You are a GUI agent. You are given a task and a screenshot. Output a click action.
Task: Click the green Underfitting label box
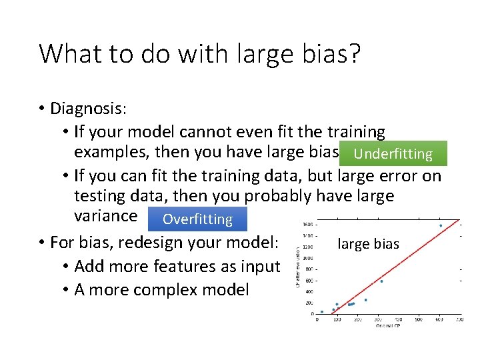point(393,153)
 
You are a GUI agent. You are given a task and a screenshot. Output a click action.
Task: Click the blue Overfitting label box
point(197,219)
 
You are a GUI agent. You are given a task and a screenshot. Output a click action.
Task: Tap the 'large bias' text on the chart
point(368,244)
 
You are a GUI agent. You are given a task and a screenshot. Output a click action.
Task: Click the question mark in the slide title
point(353,53)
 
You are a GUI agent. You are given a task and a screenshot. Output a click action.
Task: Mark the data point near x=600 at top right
point(441,225)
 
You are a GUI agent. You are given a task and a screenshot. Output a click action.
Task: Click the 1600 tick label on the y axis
point(309,225)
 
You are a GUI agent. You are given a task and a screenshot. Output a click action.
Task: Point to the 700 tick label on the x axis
point(459,319)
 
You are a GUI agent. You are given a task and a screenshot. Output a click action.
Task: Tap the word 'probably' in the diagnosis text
point(281,196)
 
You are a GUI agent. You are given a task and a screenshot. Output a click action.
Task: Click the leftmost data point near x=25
point(322,311)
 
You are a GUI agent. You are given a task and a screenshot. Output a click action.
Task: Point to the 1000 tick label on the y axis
point(309,259)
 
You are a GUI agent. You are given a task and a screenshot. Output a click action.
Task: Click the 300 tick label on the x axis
point(378,319)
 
